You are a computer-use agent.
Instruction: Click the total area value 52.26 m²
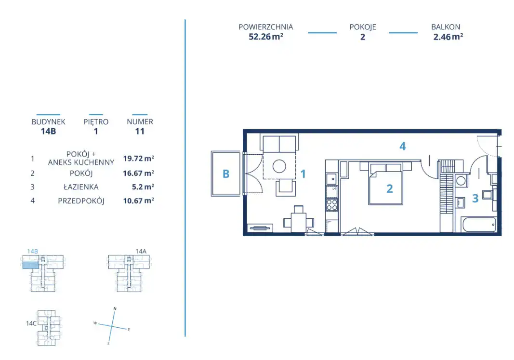click(x=265, y=37)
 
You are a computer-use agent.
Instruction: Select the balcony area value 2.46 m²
click(x=448, y=37)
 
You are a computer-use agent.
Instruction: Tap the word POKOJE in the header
click(x=363, y=27)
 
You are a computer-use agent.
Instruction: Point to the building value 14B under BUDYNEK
click(x=48, y=131)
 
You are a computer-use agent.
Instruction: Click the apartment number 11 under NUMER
click(x=140, y=131)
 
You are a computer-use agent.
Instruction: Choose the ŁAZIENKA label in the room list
click(x=81, y=187)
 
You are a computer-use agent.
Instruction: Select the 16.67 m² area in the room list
click(x=138, y=173)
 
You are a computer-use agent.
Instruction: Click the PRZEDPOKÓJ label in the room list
click(x=81, y=200)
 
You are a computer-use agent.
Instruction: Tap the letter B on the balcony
click(x=226, y=174)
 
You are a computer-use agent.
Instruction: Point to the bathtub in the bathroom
click(x=479, y=225)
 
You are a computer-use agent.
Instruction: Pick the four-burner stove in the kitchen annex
click(x=332, y=205)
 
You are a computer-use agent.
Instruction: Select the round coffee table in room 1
click(x=279, y=166)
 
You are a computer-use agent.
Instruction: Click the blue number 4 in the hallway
click(x=403, y=146)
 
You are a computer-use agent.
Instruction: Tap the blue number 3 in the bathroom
click(x=475, y=198)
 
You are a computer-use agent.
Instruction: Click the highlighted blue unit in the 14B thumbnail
click(x=30, y=265)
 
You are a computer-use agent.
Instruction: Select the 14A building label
click(x=141, y=251)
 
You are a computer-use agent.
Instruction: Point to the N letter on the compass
click(x=115, y=308)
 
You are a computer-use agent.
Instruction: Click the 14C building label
click(x=31, y=323)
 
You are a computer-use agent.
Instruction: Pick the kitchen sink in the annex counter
click(x=331, y=179)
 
